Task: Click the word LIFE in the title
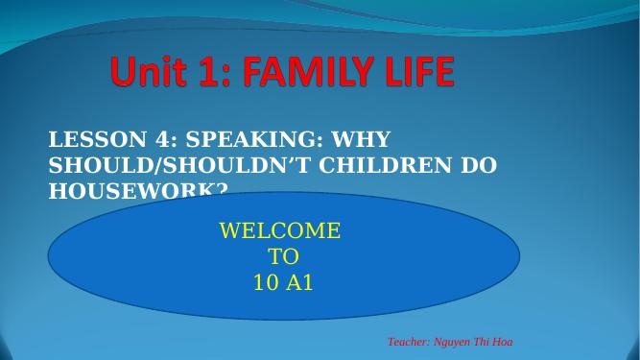[415, 73]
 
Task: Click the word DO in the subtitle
[479, 165]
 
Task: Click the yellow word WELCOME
[279, 231]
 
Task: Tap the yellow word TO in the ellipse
[283, 257]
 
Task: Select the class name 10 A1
[283, 283]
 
